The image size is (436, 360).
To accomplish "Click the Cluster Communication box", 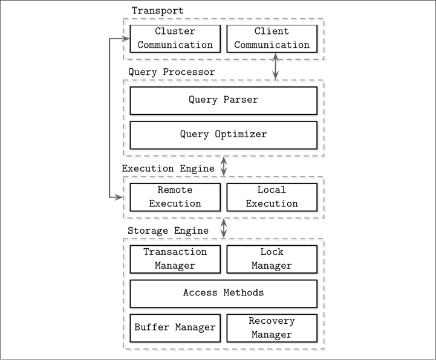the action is (175, 39).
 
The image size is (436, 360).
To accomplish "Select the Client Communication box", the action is (272, 39).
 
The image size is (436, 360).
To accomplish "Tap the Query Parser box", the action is (224, 100).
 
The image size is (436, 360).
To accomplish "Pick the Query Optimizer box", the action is (224, 135).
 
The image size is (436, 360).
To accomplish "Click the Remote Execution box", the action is (175, 198).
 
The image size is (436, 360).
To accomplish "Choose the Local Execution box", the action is (272, 198).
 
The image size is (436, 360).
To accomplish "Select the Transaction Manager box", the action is (175, 259).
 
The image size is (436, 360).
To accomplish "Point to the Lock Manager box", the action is (272, 259).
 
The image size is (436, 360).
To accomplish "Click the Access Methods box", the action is (224, 294).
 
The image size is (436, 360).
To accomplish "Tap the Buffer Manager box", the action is (175, 328).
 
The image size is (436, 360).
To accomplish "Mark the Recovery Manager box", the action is (272, 328).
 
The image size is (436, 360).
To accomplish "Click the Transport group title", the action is (158, 10).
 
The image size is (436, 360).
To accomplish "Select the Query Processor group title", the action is (172, 72).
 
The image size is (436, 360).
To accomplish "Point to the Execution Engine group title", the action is (168, 169).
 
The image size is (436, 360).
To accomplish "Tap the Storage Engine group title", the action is (168, 231).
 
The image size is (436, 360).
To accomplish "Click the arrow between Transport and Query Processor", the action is (275, 66).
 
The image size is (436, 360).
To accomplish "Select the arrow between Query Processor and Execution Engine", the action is (224, 166).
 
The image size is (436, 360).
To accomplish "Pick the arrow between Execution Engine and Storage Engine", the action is (224, 228).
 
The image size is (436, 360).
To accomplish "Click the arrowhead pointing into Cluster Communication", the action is (126, 39).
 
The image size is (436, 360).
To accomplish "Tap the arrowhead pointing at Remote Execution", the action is (119, 198).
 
